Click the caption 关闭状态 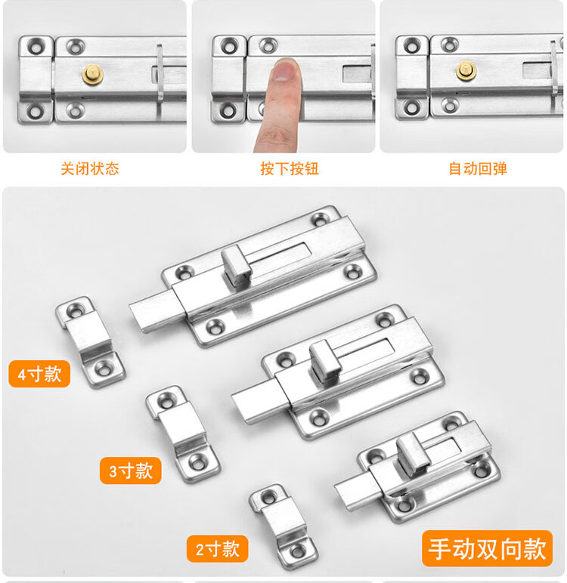(x=90, y=169)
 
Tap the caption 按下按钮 (x=290, y=169)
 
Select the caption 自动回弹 (x=478, y=169)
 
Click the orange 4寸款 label (x=39, y=374)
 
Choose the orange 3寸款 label (x=131, y=470)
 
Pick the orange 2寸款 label (x=218, y=549)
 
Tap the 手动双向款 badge (x=487, y=549)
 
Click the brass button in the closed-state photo (x=92, y=74)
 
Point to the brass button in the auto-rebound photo (x=466, y=71)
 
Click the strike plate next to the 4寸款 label (x=91, y=342)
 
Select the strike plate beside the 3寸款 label (x=183, y=434)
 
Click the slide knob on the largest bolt (x=236, y=266)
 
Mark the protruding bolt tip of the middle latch (x=257, y=403)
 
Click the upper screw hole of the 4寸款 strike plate (x=76, y=310)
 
